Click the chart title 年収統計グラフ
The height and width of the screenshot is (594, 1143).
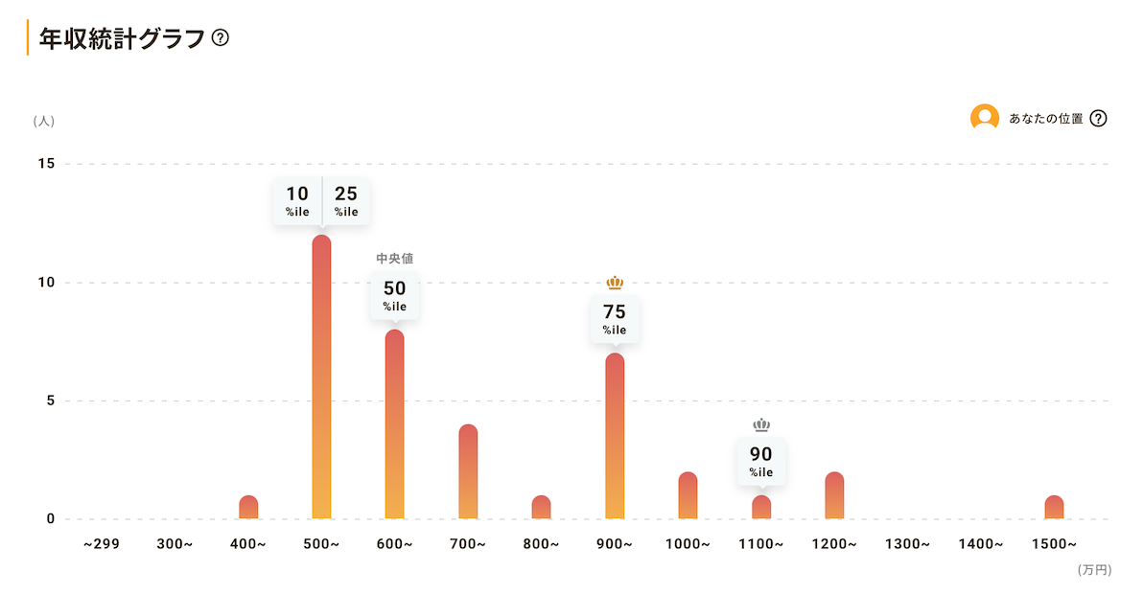pyautogui.click(x=122, y=38)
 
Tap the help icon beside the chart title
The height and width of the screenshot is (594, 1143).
pyautogui.click(x=221, y=38)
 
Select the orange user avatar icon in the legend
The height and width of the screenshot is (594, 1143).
pyautogui.click(x=985, y=118)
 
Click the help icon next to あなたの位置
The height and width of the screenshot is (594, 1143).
pyautogui.click(x=1099, y=119)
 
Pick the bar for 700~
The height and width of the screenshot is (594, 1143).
pyautogui.click(x=468, y=471)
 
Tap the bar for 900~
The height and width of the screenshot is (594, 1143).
pyautogui.click(x=615, y=436)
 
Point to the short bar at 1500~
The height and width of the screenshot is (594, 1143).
pyautogui.click(x=1054, y=508)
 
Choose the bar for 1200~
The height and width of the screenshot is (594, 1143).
pyautogui.click(x=834, y=495)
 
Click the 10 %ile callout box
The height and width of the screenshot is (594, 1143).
pyautogui.click(x=297, y=200)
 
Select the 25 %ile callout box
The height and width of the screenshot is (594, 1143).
pyautogui.click(x=346, y=200)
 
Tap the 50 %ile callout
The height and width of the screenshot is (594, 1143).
pyautogui.click(x=395, y=295)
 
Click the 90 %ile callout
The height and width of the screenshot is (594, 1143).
pyautogui.click(x=761, y=461)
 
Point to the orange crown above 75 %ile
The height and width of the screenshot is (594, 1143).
pyautogui.click(x=615, y=283)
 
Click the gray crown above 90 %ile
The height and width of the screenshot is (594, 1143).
pyautogui.click(x=761, y=425)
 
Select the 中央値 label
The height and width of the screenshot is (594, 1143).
pyautogui.click(x=395, y=259)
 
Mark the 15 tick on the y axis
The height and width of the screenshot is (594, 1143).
pyautogui.click(x=46, y=164)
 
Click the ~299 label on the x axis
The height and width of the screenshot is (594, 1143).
pyautogui.click(x=101, y=544)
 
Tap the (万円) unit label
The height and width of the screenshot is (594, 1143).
pyautogui.click(x=1094, y=570)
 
